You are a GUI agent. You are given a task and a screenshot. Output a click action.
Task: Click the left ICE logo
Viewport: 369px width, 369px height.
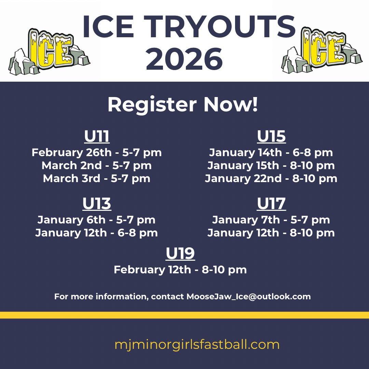coord(50,51)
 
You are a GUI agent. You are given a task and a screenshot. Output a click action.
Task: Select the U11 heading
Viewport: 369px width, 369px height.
coord(97,137)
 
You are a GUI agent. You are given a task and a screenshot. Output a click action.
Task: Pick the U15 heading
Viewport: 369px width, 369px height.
coord(271,137)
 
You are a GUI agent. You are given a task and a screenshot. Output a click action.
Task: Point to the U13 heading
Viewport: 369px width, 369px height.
coord(97,204)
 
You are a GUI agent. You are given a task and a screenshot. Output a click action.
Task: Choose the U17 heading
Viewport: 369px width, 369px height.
coord(271,204)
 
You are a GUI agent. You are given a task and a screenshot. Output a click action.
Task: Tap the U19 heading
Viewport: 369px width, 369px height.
coord(180,254)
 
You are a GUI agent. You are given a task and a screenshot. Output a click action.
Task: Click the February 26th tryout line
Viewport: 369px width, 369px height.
coord(97,152)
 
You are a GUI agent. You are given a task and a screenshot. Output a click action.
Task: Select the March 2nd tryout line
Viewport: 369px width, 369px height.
coord(97,165)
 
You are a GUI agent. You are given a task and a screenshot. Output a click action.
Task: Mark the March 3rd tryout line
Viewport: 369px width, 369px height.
coord(97,178)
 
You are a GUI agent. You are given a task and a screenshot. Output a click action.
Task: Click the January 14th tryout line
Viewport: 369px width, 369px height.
coord(271,152)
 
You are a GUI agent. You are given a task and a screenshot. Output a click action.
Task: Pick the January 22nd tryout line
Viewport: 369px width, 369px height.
coord(271,178)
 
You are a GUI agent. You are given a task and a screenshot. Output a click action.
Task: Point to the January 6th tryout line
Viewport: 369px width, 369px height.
coord(96,220)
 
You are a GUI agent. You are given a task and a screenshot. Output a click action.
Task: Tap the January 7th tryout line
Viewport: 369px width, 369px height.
coord(271,220)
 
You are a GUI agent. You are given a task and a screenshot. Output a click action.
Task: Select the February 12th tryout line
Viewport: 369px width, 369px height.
coord(180,270)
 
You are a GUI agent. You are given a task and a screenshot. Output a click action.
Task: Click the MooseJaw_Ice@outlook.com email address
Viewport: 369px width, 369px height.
coord(249,297)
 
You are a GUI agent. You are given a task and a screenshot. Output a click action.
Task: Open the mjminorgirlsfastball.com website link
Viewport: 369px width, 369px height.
coord(197,344)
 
